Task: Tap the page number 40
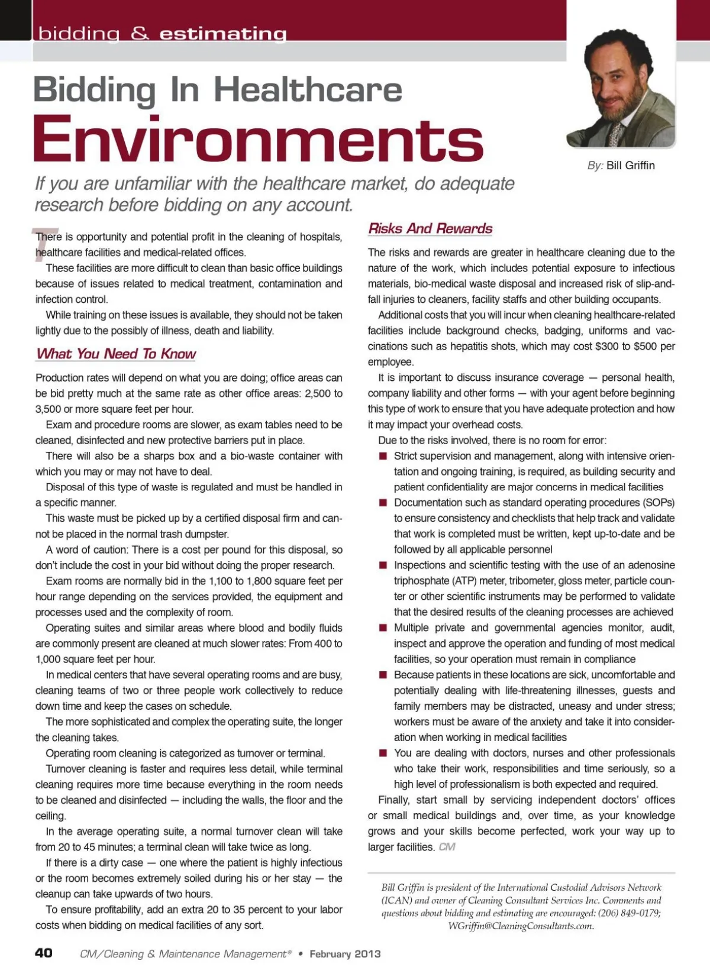pos(44,953)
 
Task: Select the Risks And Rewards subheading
pos(430,229)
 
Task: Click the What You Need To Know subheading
pos(116,354)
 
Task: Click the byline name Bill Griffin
pos(631,166)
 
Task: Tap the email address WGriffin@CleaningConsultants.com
pos(520,926)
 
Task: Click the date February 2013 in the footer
pos(345,953)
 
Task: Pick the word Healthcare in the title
pos(308,90)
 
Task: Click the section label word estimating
pos(223,34)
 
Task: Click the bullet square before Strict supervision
pos(383,456)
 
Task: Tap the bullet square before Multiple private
pos(383,628)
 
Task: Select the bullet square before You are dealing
pos(383,753)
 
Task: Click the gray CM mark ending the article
pos(447,847)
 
